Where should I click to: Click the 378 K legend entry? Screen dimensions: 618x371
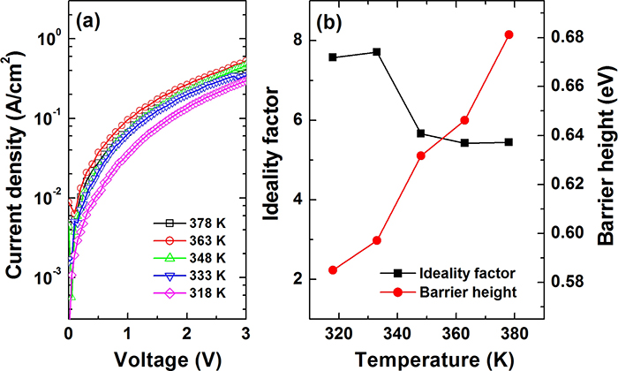190,223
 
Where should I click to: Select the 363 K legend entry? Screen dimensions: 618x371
190,240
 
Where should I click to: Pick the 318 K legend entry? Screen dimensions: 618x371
190,293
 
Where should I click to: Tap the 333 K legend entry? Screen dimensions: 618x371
190,276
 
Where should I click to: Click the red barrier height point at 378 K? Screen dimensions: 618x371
509,34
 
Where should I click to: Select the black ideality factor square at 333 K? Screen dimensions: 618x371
377,52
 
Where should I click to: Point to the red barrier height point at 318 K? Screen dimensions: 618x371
333,270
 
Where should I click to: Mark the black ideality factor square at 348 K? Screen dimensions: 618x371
421,133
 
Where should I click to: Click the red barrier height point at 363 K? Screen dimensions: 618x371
464,120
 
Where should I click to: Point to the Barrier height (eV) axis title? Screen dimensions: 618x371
607,155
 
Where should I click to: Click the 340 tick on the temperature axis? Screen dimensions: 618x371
397,334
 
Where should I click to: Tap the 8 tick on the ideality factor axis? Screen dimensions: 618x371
301,41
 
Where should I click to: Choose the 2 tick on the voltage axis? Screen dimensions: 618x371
187,334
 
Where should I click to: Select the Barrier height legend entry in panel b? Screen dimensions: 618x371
448,292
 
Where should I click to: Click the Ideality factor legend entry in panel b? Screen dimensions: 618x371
448,273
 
